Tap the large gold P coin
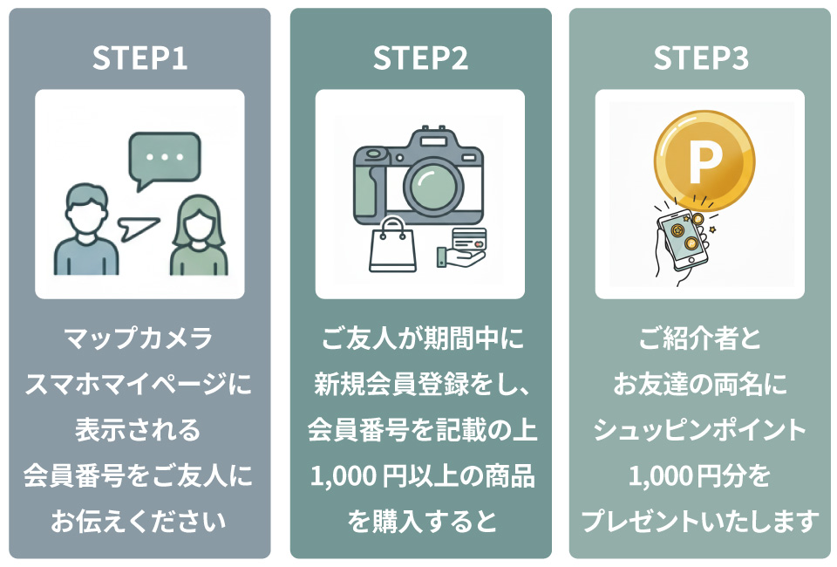pos(704,159)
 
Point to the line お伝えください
pos(139,523)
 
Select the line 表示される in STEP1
pos(139,430)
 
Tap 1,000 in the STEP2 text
pos(341,477)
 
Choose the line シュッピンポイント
pos(700,430)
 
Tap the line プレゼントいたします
pos(700,523)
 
